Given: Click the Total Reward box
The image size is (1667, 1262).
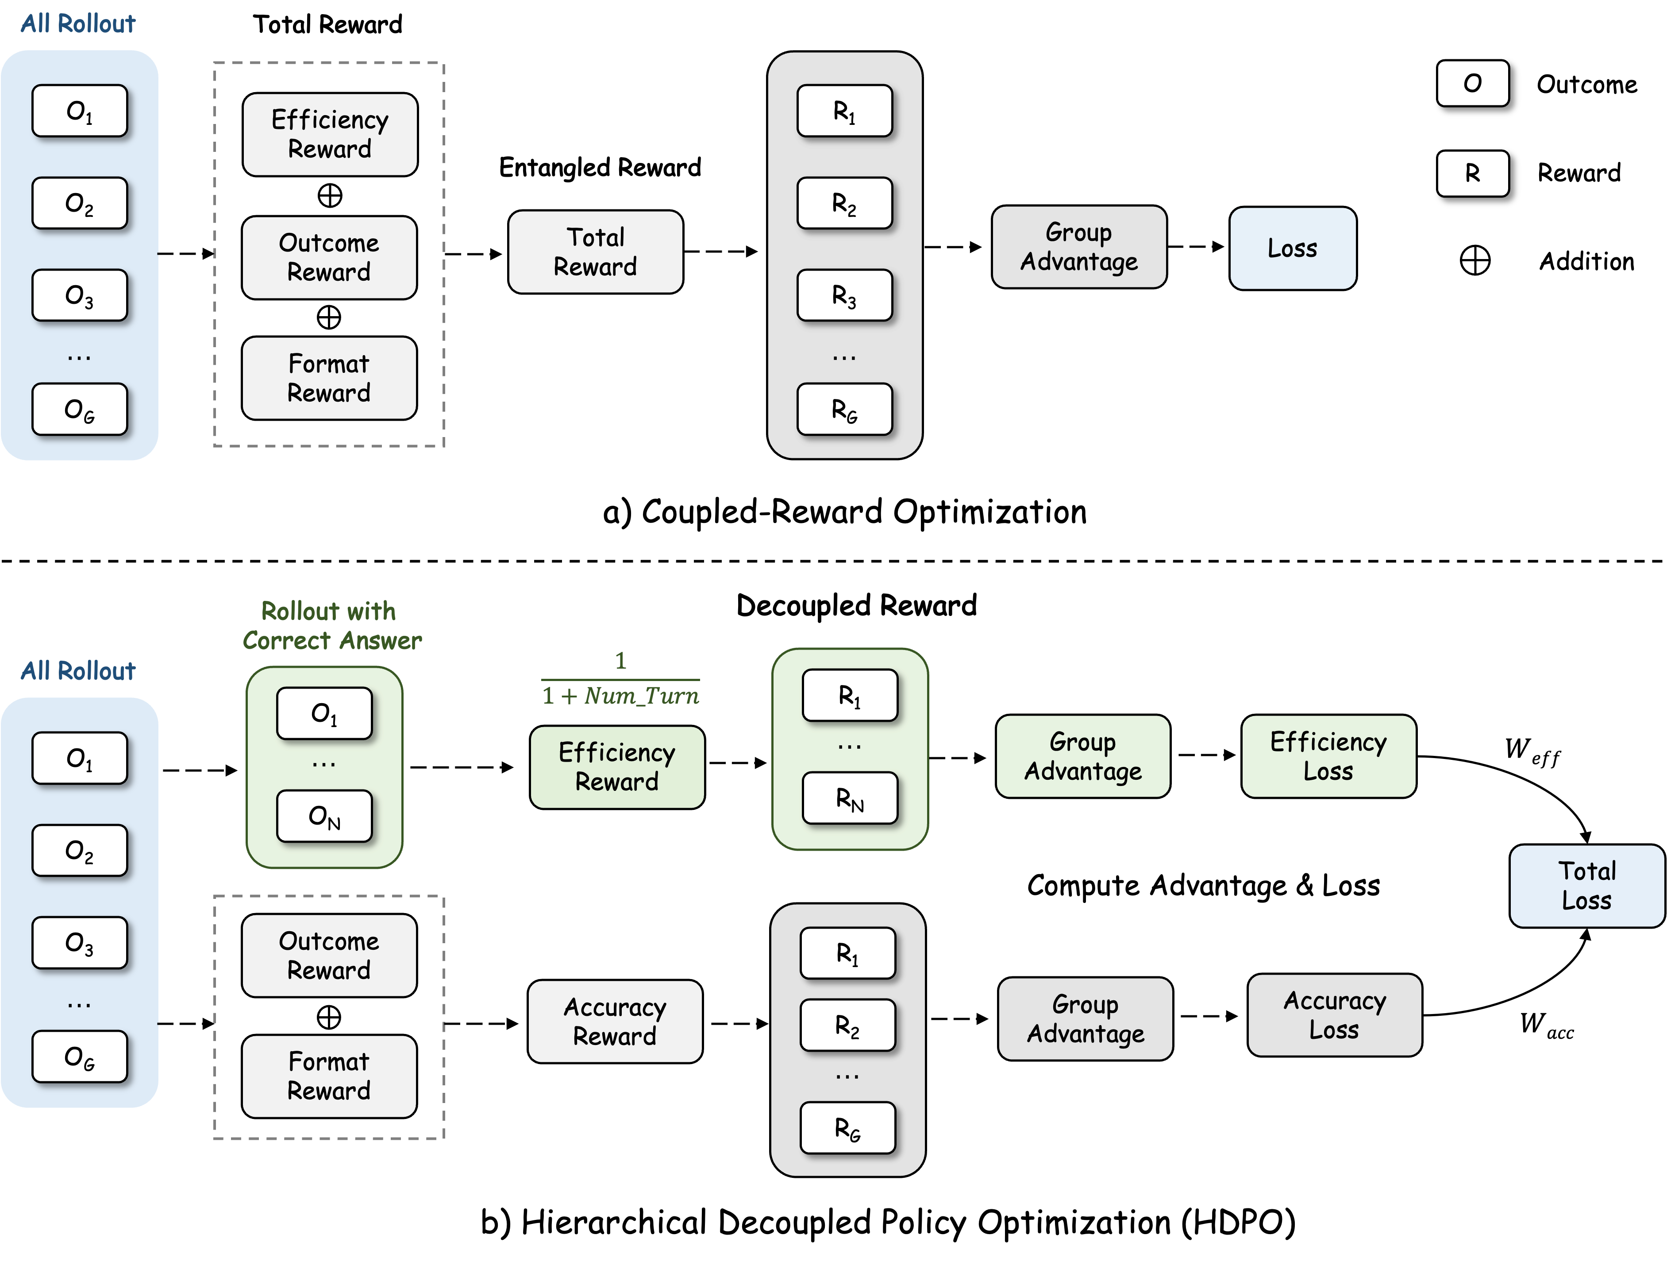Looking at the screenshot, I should [595, 252].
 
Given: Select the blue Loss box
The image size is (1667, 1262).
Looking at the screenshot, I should [1293, 248].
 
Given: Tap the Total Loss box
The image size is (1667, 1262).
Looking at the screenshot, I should [1586, 886].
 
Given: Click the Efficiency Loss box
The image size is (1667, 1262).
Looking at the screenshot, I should [1328, 756].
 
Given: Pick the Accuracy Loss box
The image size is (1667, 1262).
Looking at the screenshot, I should [1334, 1015].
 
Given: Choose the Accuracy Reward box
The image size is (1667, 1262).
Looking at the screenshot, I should [615, 1022].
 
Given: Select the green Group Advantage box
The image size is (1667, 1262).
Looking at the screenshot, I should [1082, 756].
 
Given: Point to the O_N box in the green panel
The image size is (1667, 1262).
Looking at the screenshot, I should [324, 816].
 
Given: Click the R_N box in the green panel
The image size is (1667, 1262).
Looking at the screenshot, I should [849, 797].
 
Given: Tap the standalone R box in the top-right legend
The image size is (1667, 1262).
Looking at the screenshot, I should [1472, 174].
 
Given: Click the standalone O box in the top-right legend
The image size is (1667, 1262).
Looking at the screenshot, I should [1472, 83].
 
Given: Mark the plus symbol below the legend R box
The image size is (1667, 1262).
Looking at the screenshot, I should [1474, 261].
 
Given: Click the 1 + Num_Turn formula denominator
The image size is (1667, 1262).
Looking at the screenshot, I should [620, 695].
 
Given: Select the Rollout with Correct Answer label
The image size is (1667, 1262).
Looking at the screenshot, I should [331, 626].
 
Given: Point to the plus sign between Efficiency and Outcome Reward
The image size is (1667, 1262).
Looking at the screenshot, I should [329, 196].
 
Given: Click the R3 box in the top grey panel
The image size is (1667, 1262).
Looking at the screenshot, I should [844, 295].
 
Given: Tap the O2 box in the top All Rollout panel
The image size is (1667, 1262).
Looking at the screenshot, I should [79, 203].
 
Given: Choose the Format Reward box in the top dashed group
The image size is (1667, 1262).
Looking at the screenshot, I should [329, 378].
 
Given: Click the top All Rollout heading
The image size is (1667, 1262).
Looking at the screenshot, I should [77, 23].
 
